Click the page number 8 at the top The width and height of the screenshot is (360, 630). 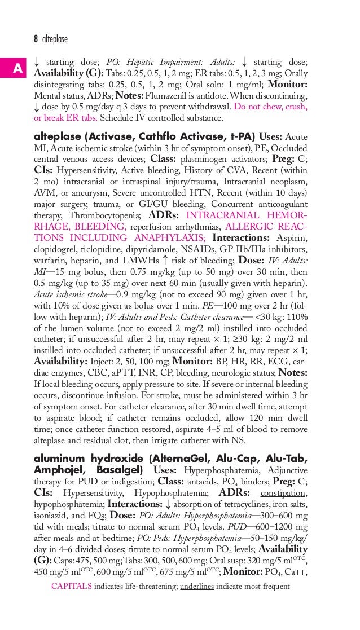click(x=36, y=39)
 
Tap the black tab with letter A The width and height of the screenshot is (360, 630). click(x=17, y=69)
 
